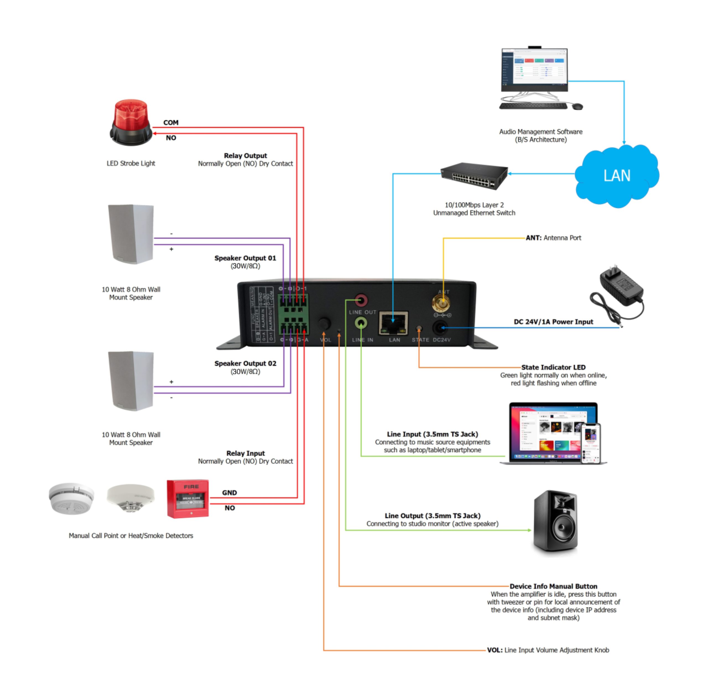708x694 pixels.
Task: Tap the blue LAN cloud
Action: [616, 176]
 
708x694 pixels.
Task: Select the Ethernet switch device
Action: [474, 176]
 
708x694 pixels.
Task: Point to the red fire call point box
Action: [188, 498]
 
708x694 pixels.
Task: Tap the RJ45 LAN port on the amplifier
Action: [393, 323]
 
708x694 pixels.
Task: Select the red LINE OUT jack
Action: [361, 300]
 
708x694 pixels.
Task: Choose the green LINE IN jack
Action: [361, 323]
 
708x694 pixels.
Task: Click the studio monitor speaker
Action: [555, 522]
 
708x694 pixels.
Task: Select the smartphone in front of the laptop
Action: [590, 443]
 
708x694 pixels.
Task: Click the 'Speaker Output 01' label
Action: [245, 258]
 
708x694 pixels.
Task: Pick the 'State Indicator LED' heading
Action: [553, 367]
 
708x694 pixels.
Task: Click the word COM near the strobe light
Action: [171, 122]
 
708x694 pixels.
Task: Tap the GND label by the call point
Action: [230, 492]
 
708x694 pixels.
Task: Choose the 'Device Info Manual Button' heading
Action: [553, 586]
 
